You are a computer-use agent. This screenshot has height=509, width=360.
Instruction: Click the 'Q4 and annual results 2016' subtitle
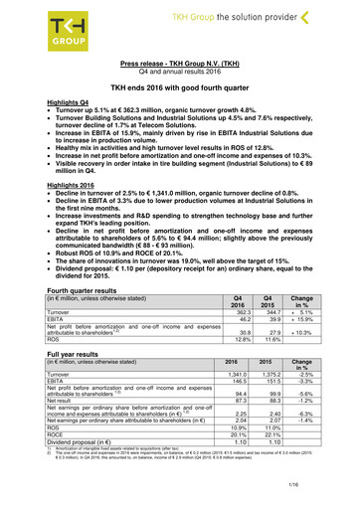coord(180,73)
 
